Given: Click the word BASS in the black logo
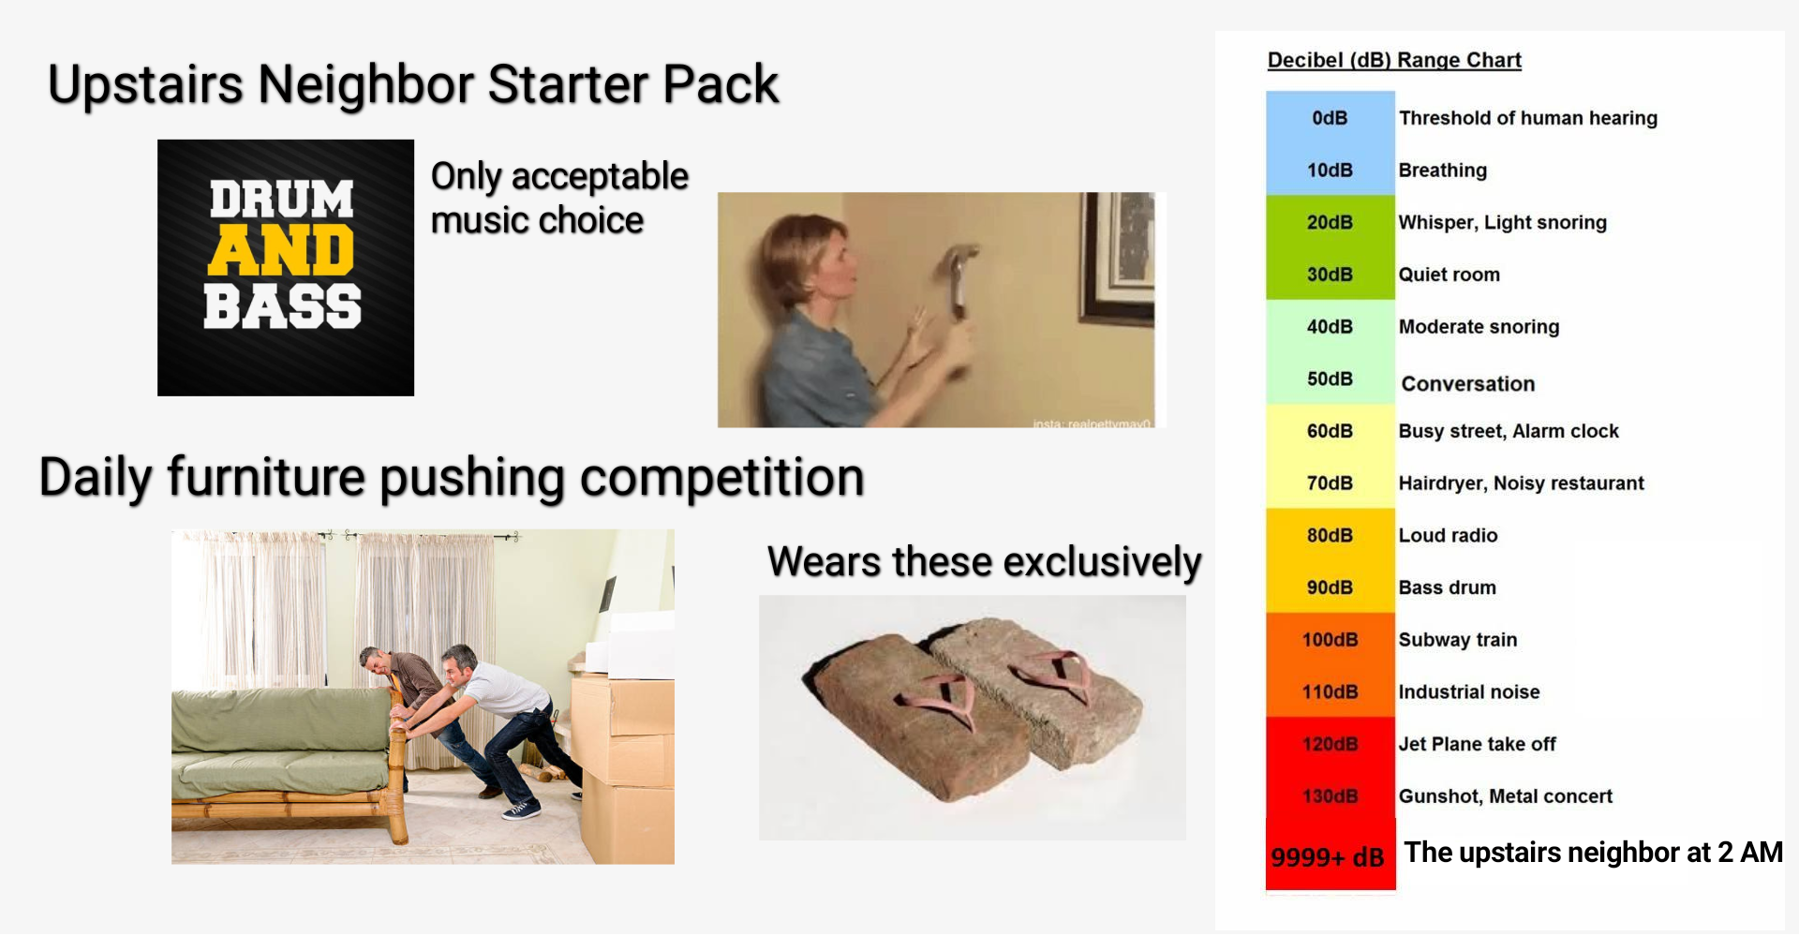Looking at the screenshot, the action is click(x=282, y=306).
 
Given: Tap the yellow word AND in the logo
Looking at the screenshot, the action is click(x=281, y=251).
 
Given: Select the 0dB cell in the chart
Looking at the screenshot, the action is click(x=1330, y=118).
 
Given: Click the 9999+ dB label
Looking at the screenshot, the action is click(x=1328, y=857).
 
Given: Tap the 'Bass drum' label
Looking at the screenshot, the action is click(x=1448, y=587).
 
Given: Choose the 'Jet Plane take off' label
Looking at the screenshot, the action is click(x=1478, y=744).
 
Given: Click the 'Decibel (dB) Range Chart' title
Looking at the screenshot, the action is click(x=1394, y=61).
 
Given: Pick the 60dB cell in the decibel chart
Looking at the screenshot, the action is click(x=1330, y=431).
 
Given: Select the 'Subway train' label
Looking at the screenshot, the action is click(x=1458, y=640).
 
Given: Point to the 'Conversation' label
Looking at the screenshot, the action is click(x=1468, y=384).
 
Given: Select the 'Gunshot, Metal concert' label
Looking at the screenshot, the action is click(x=1506, y=796).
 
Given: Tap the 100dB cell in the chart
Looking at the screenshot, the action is click(x=1330, y=640).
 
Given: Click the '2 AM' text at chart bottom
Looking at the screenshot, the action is click(x=1749, y=853).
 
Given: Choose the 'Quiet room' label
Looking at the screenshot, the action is click(x=1450, y=275).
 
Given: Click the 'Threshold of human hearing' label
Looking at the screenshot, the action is click(x=1528, y=118).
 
